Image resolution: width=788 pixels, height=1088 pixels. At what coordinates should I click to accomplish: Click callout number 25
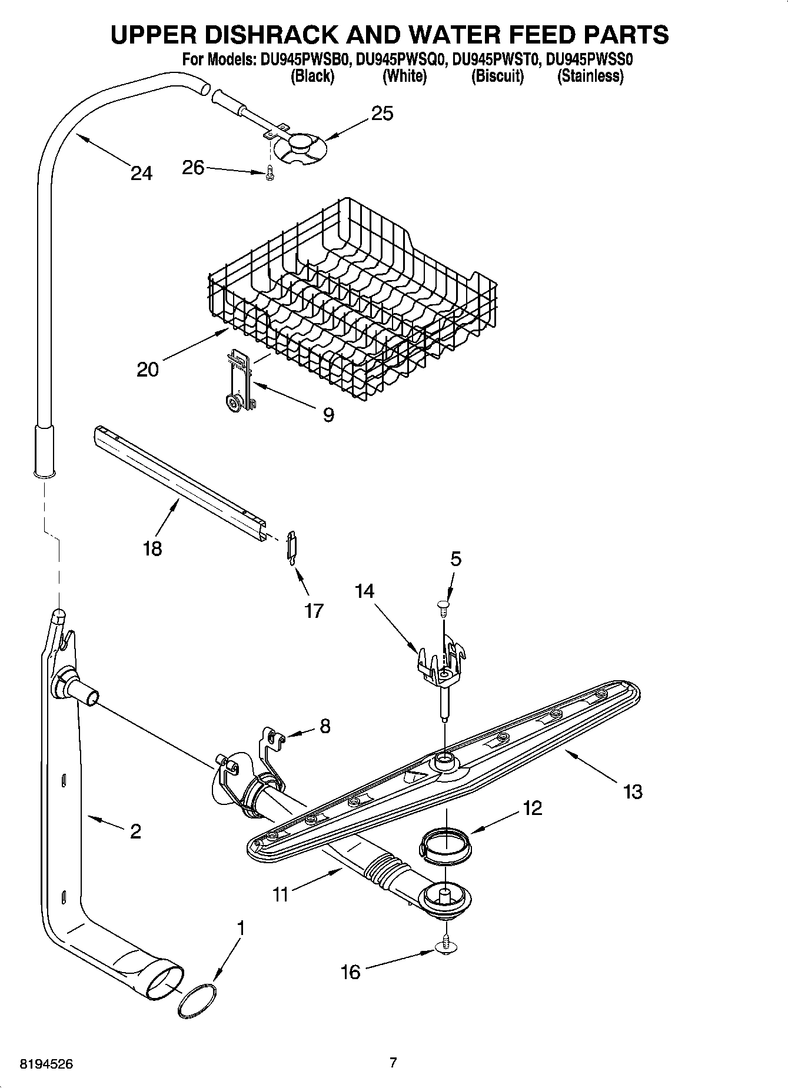pyautogui.click(x=383, y=113)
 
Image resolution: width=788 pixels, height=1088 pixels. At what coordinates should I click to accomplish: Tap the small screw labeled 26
pyautogui.click(x=270, y=174)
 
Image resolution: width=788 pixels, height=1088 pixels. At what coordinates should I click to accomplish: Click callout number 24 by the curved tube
pyautogui.click(x=141, y=173)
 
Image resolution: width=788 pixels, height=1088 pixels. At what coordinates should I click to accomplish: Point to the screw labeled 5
pyautogui.click(x=443, y=605)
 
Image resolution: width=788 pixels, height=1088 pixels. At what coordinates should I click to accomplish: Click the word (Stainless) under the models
pyautogui.click(x=590, y=76)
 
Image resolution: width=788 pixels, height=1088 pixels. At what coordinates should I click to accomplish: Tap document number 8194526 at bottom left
pyautogui.click(x=46, y=1064)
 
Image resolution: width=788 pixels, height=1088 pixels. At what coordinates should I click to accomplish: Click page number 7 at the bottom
pyautogui.click(x=393, y=1063)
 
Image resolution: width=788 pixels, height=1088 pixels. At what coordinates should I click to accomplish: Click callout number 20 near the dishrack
pyautogui.click(x=148, y=370)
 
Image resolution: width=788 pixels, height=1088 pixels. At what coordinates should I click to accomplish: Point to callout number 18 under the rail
pyautogui.click(x=152, y=548)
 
